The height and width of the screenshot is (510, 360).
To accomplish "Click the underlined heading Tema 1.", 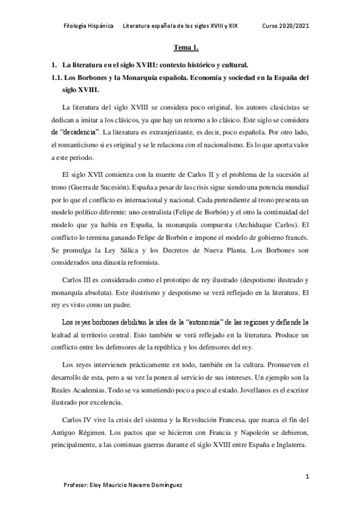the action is [182, 46].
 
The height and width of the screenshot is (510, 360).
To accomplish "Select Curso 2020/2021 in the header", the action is [287, 26].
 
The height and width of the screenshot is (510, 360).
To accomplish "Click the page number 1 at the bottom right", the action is [307, 476].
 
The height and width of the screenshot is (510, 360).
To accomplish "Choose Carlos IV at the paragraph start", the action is [76, 419].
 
